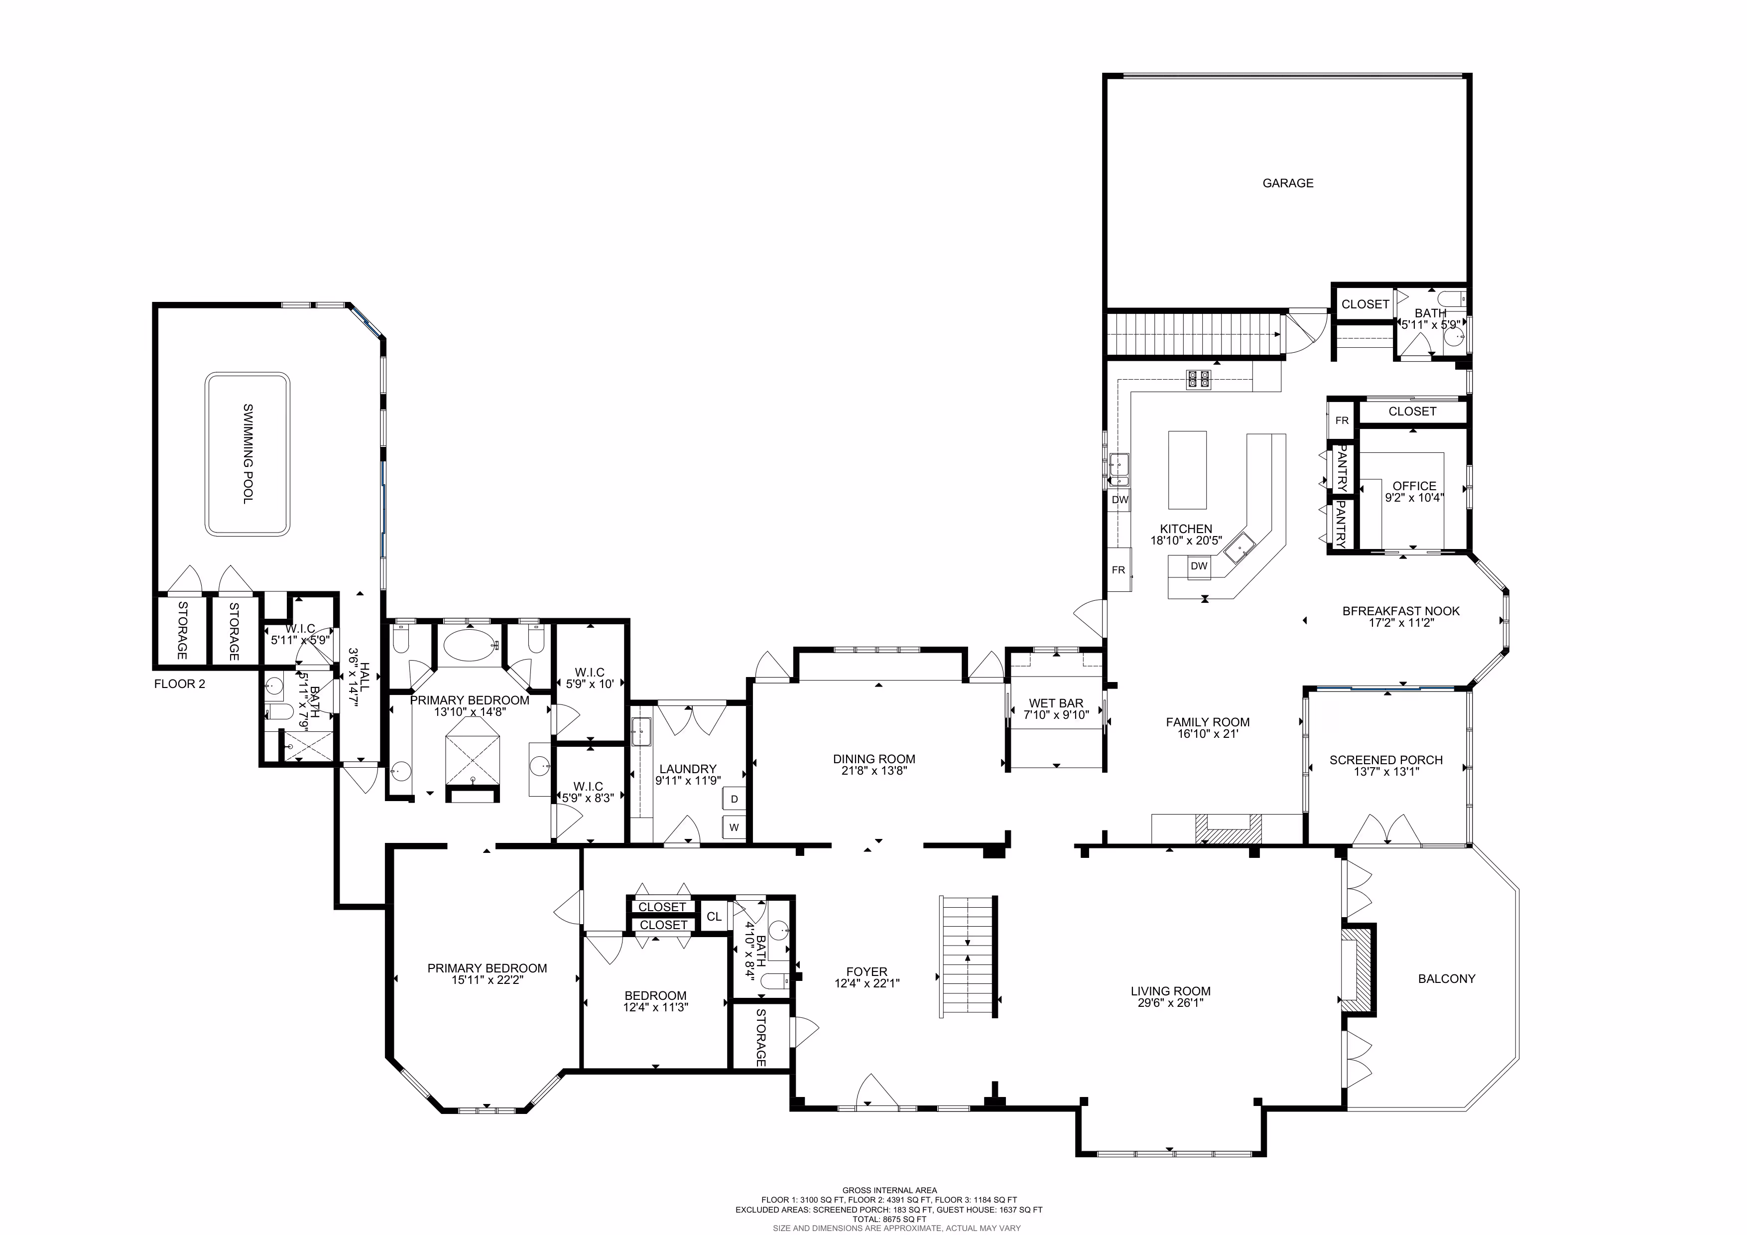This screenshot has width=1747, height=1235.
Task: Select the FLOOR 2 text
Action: point(180,684)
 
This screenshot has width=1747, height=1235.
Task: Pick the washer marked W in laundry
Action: point(734,827)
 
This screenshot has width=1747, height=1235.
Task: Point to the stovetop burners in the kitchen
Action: point(1198,379)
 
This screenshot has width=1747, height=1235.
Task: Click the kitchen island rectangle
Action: point(1187,469)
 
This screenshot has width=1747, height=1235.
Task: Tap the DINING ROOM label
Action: point(874,759)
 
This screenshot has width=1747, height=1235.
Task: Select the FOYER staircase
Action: point(969,956)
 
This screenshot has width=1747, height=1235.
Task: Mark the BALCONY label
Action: point(1446,978)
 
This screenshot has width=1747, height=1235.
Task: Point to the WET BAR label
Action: point(1056,703)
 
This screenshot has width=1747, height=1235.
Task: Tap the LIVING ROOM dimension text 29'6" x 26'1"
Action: point(1170,1003)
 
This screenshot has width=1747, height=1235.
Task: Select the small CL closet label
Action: point(714,916)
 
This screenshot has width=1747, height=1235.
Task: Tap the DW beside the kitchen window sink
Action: point(1120,500)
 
